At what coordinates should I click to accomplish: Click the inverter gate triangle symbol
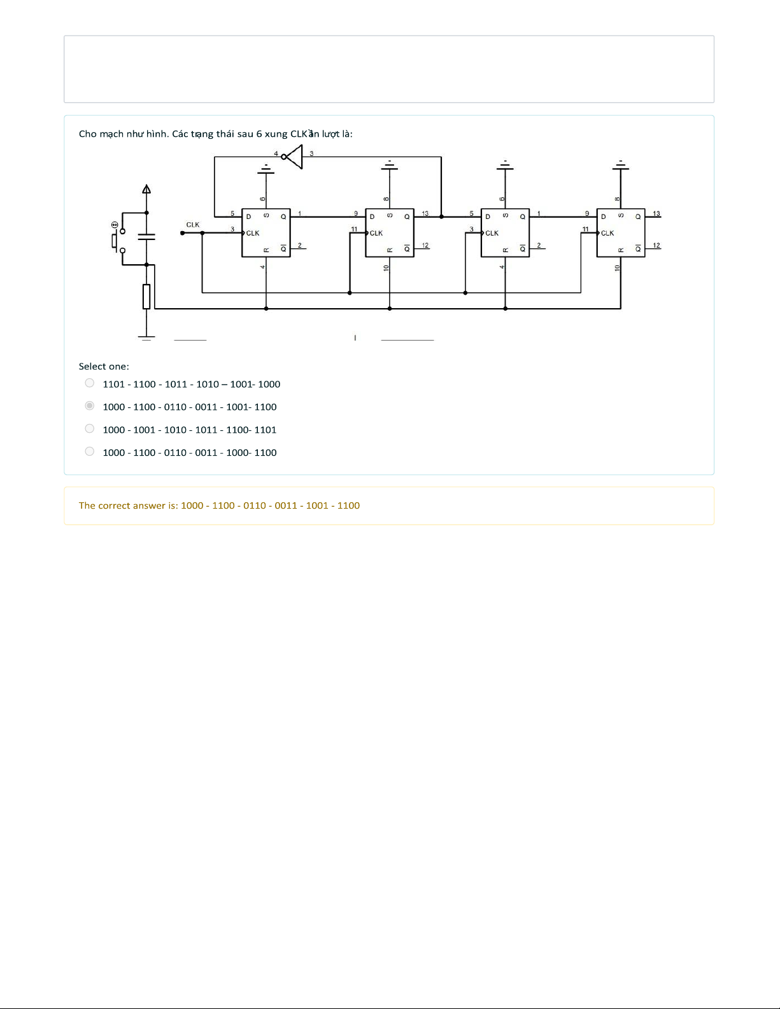coord(294,157)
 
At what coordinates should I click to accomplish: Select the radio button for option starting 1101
coord(90,383)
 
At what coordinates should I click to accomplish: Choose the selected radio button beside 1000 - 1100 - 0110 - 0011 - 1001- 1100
coord(90,406)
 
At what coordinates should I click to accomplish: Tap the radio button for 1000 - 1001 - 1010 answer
coord(90,428)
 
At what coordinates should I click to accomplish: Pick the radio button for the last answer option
coord(90,451)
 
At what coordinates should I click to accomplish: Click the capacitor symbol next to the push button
coord(146,237)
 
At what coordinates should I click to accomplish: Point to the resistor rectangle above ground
coord(146,297)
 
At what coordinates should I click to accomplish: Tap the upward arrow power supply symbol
coord(146,189)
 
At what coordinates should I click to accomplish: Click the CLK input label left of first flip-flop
coord(193,225)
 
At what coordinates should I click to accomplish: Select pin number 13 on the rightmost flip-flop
coord(656,214)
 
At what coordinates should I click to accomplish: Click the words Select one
coord(104,367)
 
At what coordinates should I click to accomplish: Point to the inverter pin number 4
coord(276,153)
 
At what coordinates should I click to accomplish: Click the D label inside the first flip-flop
coord(249,217)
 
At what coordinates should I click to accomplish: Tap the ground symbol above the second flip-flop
coord(390,166)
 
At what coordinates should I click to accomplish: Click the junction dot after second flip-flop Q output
coord(441,217)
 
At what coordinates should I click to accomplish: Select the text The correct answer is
coord(129,505)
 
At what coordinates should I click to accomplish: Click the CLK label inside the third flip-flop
coord(492,233)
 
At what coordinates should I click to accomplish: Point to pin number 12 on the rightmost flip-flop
coord(656,245)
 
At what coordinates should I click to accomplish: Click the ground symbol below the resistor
coord(146,338)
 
